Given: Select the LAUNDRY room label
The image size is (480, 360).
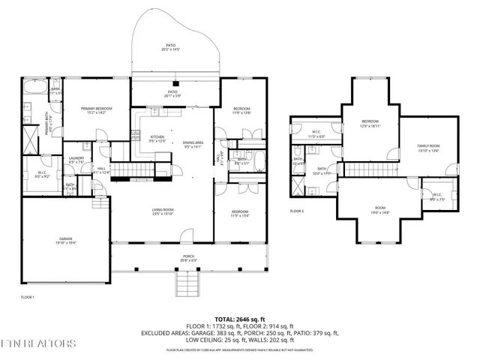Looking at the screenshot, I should tap(76, 157).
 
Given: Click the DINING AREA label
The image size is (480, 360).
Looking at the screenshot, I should tap(193, 142).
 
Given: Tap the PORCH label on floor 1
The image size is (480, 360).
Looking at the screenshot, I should tap(189, 256).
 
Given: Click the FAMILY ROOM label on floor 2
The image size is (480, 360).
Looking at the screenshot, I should tap(429, 145).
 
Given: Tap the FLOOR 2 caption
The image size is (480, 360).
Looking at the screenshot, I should tap(297, 211).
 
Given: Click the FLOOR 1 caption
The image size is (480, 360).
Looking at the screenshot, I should tap(28, 297).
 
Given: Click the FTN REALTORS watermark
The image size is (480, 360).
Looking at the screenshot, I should tap(38, 343).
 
